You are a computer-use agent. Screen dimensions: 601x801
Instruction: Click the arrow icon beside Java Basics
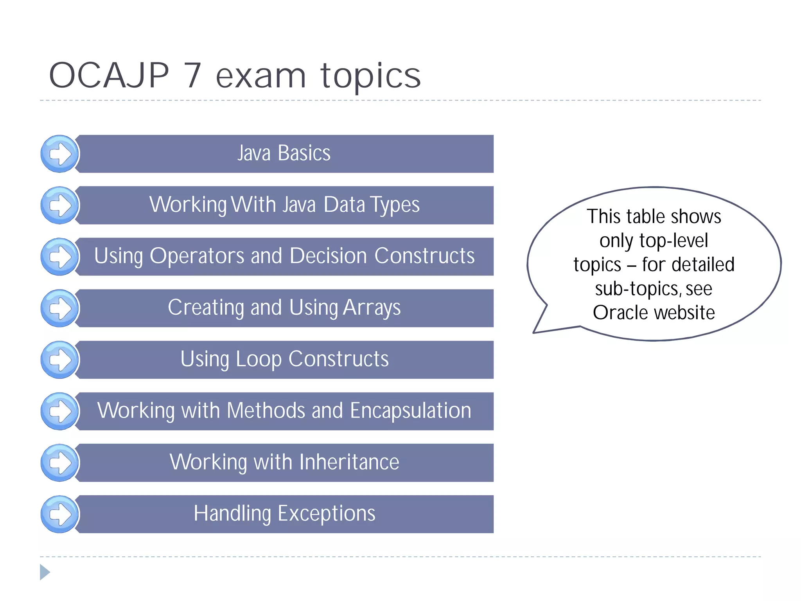(x=60, y=154)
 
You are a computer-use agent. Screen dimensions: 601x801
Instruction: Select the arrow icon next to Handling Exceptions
(x=60, y=514)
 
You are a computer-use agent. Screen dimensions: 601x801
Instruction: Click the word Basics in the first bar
(x=304, y=153)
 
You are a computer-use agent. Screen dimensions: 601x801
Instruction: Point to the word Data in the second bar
(x=344, y=205)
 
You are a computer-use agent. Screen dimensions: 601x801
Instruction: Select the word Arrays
(x=372, y=308)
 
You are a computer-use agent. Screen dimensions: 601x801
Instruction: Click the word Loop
(x=258, y=359)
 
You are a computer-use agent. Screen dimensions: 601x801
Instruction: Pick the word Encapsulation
(x=410, y=410)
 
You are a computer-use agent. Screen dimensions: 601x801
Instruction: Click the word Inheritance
(x=349, y=462)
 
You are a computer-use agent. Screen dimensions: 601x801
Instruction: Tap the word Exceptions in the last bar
(x=326, y=513)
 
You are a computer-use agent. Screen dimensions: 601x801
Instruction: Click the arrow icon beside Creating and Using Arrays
(x=60, y=308)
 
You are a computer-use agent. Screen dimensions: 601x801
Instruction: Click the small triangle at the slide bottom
(x=45, y=572)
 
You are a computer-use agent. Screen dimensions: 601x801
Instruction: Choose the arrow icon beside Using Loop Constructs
(x=60, y=360)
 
